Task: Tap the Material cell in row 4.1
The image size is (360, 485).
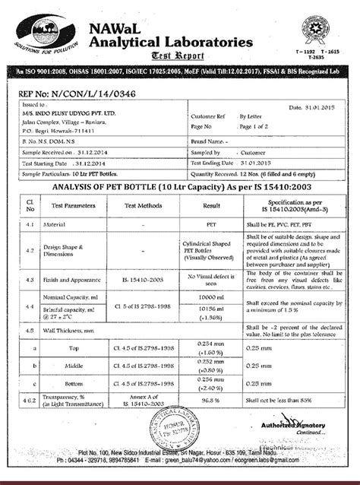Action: coord(64,226)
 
